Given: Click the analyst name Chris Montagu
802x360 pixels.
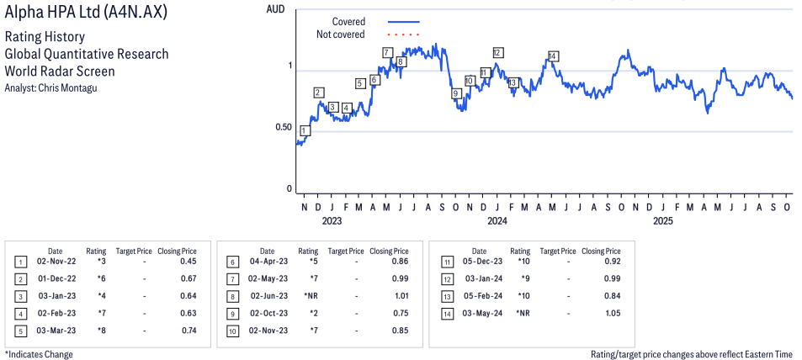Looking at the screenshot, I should [72, 87].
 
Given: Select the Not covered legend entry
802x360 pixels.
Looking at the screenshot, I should [340, 34].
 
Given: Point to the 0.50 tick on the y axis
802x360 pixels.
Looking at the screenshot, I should [284, 128].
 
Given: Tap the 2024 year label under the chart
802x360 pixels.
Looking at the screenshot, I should [497, 221].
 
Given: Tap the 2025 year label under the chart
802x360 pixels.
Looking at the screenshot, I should [663, 221].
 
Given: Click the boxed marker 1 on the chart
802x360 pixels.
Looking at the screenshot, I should [305, 130].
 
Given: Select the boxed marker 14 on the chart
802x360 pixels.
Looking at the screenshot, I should [552, 56].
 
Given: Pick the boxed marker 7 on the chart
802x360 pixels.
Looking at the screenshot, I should [387, 53].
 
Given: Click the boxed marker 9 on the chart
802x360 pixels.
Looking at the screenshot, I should [456, 93].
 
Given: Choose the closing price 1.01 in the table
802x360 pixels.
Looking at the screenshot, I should [401, 297].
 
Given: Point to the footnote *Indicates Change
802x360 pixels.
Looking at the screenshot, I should [39, 354].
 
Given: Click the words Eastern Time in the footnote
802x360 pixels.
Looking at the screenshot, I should [767, 354].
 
